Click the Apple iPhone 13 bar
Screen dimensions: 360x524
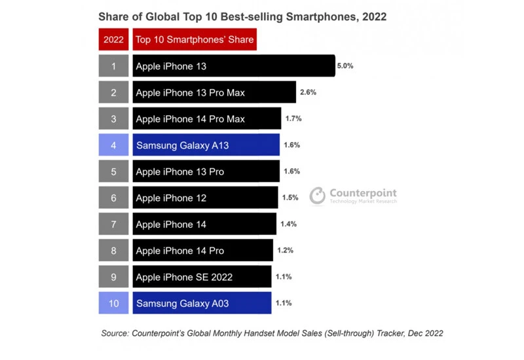coord(234,66)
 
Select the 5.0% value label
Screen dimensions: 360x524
coord(345,66)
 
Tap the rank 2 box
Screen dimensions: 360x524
coord(113,92)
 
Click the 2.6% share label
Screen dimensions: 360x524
coord(308,92)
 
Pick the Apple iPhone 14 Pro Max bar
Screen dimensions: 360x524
coord(206,118)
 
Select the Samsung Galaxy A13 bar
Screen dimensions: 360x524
coord(206,145)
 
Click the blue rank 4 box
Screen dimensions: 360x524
coord(113,145)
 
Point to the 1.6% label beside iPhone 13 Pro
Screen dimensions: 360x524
coord(292,171)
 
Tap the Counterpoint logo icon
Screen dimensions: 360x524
coord(318,196)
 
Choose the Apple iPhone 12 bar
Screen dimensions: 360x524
coord(205,198)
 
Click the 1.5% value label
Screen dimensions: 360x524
coord(290,198)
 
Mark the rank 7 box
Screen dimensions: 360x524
coord(113,224)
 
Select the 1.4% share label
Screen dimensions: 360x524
coord(288,224)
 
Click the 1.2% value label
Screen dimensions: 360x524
coord(285,251)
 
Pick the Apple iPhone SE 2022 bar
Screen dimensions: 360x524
coord(202,277)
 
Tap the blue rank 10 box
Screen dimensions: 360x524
coord(113,303)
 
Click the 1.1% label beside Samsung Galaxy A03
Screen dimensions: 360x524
coord(284,303)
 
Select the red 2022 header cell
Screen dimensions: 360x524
coord(113,39)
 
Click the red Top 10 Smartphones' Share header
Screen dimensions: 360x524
coord(195,39)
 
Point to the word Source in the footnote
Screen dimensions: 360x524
coord(115,333)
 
